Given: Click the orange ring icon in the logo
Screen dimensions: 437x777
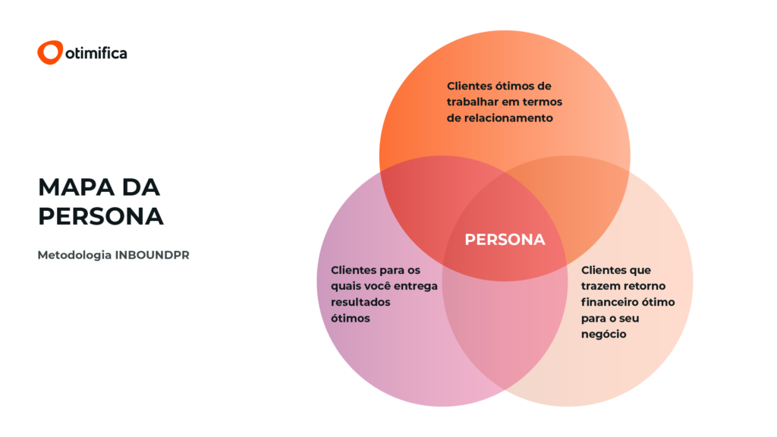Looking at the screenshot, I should [x=49, y=52].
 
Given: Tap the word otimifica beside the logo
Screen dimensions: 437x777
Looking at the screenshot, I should [x=96, y=53].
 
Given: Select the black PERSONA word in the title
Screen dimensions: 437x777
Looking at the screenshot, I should [x=101, y=216].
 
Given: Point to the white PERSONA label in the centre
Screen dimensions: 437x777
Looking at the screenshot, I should [x=505, y=240].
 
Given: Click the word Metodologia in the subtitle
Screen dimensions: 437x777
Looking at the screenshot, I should [x=74, y=255].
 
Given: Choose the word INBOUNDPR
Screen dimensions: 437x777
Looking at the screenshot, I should [x=153, y=255].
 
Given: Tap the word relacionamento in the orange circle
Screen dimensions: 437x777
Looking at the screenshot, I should [x=510, y=118].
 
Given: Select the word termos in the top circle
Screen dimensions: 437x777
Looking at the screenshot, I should [x=543, y=102].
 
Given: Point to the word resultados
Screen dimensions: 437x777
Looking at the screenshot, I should [x=360, y=302].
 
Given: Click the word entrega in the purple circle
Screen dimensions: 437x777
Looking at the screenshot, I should [x=417, y=286].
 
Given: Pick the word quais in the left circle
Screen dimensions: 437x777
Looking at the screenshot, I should [x=347, y=286].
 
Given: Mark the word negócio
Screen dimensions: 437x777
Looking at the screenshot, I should [x=604, y=334].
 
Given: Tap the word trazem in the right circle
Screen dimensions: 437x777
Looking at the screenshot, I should [x=600, y=286].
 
